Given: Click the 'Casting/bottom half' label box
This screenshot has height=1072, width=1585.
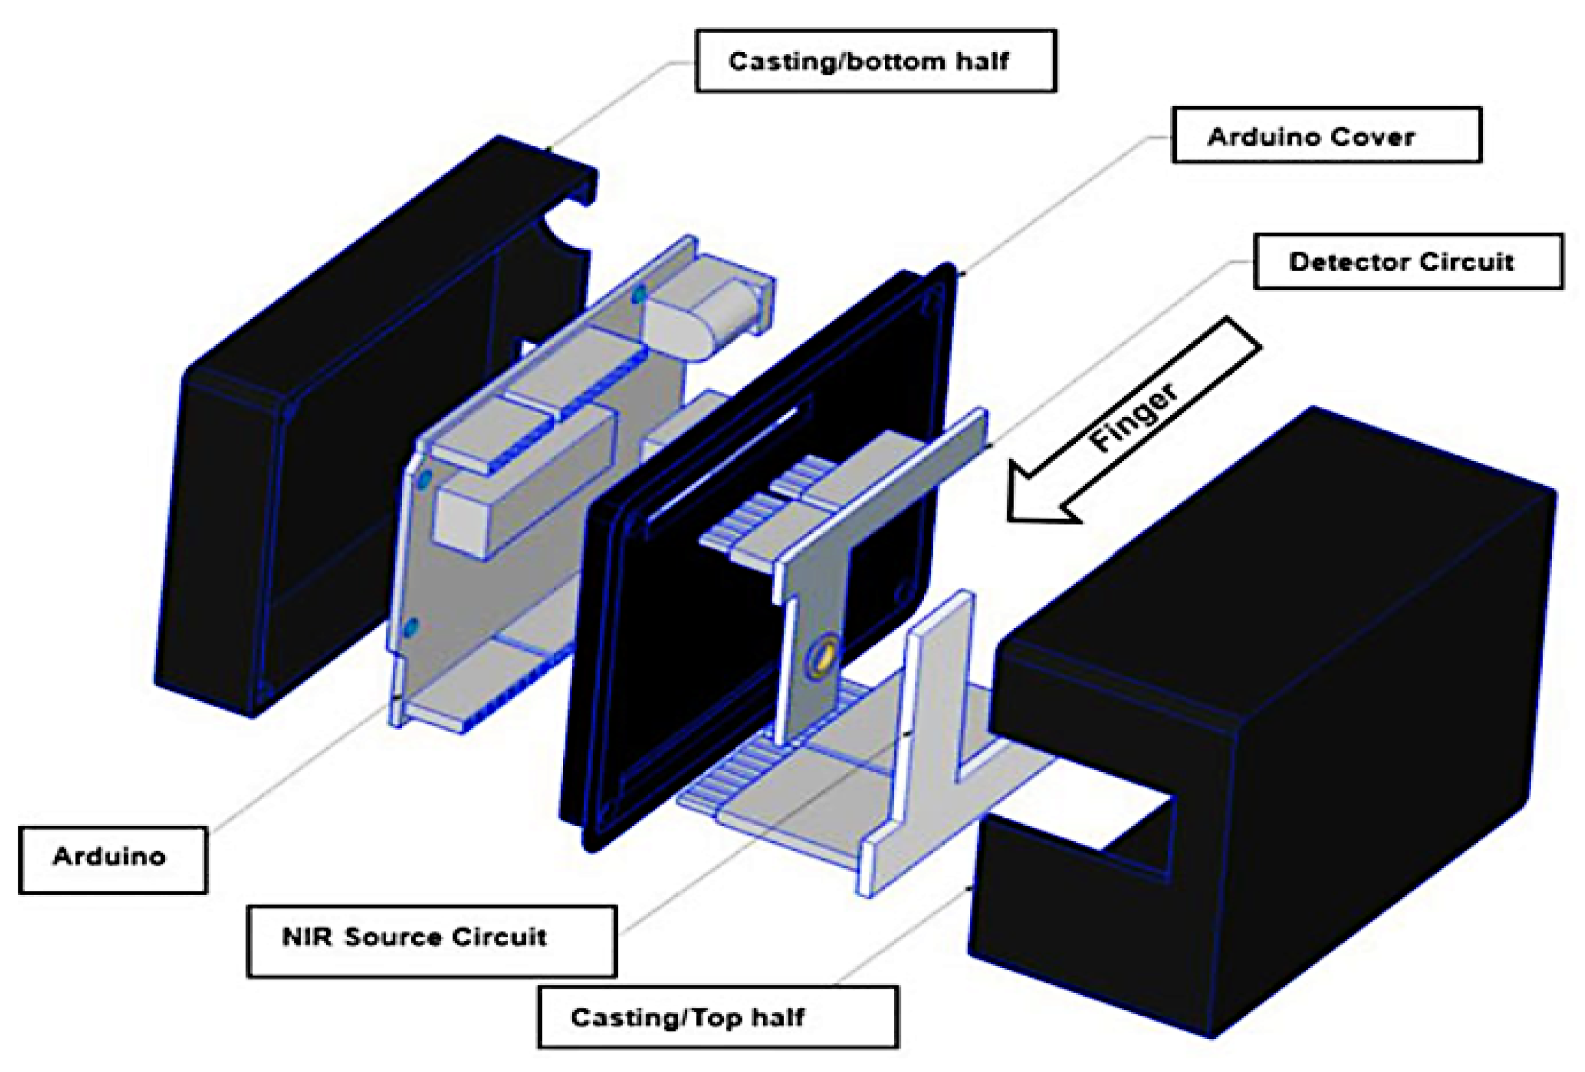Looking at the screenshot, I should tap(875, 61).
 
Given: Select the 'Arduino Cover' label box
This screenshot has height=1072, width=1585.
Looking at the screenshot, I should tap(1326, 135).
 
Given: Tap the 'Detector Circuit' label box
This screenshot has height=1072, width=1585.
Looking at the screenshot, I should tap(1408, 261).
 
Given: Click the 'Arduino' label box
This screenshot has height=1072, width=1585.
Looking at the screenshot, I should tap(113, 859).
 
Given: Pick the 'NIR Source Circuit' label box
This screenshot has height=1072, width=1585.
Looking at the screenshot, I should tap(431, 940).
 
